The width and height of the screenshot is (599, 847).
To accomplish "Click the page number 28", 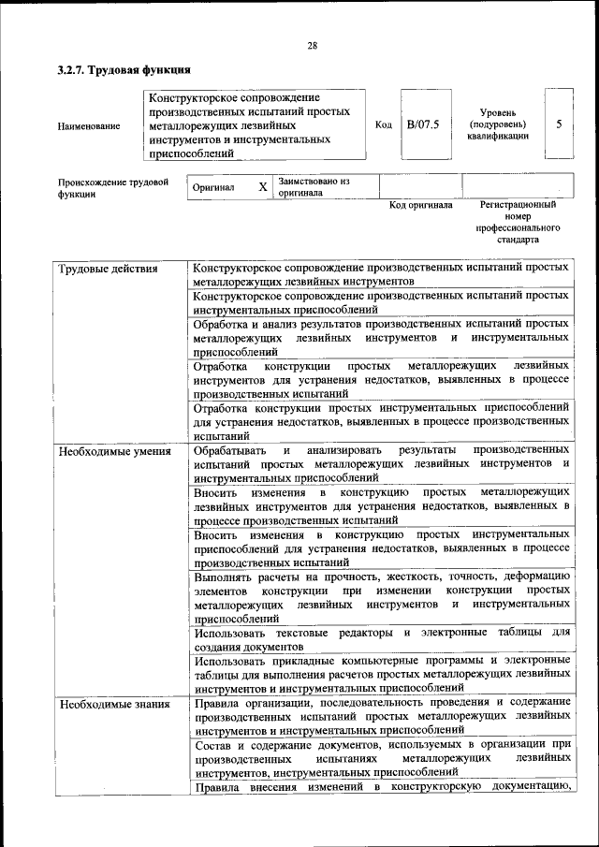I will [x=312, y=46].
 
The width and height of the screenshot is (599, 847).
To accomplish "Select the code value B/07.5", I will [x=422, y=124].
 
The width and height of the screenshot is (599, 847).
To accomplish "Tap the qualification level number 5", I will [x=559, y=124].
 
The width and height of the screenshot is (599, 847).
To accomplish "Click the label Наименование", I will [x=88, y=125].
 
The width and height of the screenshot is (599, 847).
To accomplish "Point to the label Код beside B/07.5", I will [x=383, y=124].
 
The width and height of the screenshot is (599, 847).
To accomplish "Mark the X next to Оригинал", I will [x=263, y=187].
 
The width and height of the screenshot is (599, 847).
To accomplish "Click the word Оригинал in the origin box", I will [x=213, y=187].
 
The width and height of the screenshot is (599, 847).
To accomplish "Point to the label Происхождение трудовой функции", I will [x=112, y=188].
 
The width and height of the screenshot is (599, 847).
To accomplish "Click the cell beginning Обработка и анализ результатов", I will [x=381, y=337].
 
